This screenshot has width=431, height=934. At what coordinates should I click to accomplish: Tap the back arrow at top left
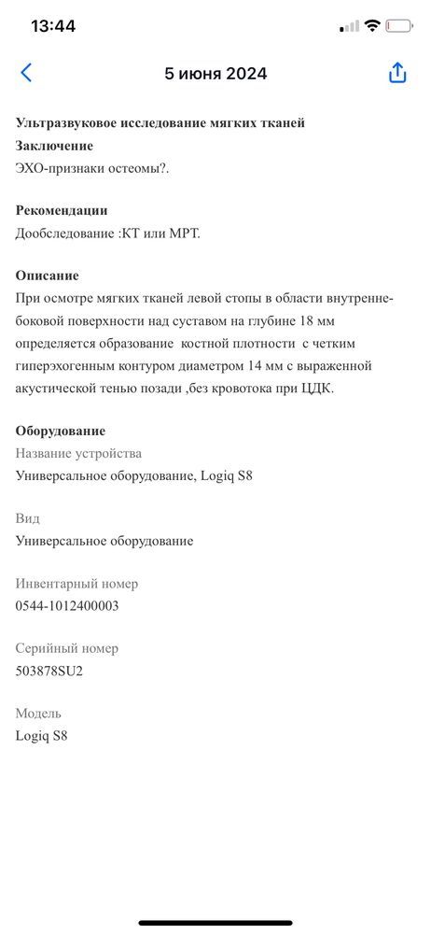coord(26,73)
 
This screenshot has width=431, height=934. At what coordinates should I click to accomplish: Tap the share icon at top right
coord(397,73)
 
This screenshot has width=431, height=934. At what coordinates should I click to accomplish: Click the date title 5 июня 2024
coord(215,74)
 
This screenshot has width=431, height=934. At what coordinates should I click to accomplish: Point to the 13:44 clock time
coord(53,26)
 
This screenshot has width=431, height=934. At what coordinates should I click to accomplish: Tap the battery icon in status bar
coord(399,26)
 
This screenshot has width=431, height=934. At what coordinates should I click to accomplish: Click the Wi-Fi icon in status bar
coord(372,26)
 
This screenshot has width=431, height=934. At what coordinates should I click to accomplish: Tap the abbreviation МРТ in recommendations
coord(183,233)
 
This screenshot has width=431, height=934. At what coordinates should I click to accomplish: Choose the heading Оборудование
coord(61,431)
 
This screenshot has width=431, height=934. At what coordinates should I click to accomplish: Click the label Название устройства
coord(79,453)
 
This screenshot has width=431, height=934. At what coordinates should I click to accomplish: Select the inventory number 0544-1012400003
coord(67,605)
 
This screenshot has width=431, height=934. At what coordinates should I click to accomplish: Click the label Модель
coord(39,713)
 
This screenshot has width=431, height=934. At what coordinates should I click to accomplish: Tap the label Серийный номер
coord(67,648)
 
